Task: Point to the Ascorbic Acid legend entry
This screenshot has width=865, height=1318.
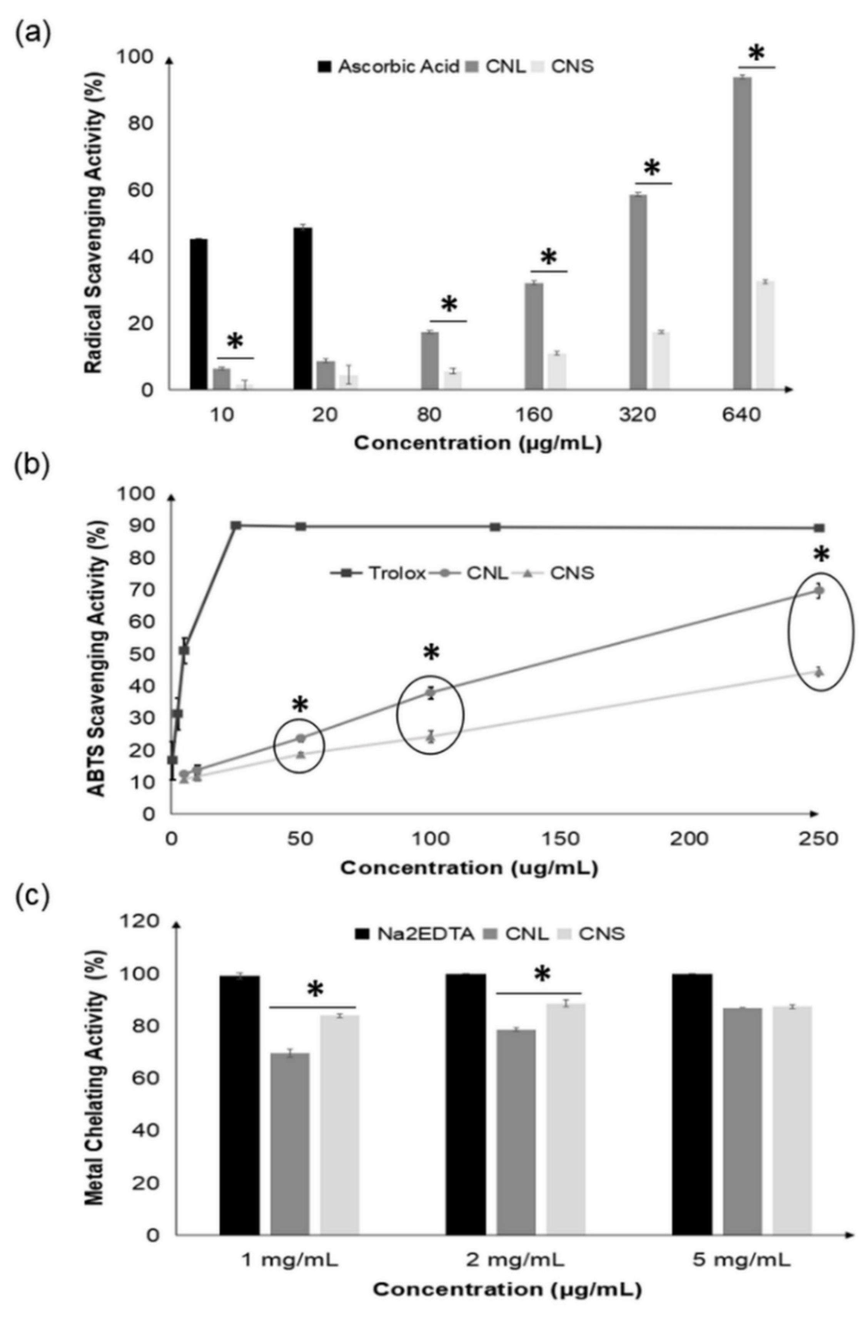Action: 387,67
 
